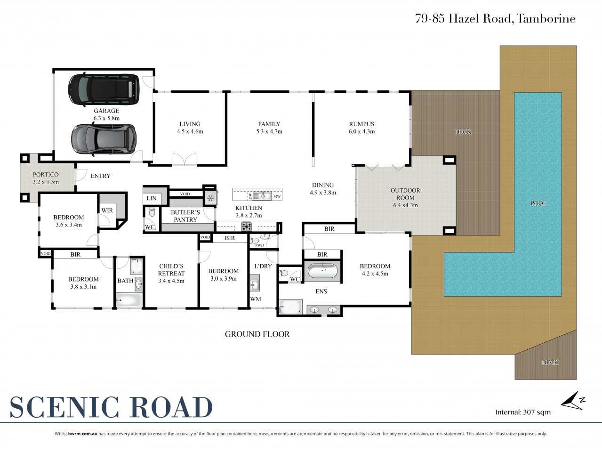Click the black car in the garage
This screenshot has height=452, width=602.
click(104, 89)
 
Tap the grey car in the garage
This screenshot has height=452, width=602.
click(104, 139)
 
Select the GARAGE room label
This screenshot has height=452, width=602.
click(106, 111)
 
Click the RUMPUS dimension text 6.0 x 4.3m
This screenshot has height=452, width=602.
click(361, 131)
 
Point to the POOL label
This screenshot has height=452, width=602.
click(538, 203)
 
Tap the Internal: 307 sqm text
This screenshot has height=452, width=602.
click(523, 412)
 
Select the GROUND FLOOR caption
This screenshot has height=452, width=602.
click(257, 334)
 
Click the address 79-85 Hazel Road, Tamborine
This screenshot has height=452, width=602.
click(495, 19)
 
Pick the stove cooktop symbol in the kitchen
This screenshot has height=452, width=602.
click(247, 226)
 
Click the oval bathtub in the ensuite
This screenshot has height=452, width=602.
click(322, 271)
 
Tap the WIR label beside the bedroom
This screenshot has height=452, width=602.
click(107, 210)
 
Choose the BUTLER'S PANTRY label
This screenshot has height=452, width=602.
click(185, 216)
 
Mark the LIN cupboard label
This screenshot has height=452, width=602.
click(152, 198)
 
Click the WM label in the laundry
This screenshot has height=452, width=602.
click(256, 299)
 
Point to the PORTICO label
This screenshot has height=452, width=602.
click(46, 174)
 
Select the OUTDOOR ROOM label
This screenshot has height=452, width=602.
click(405, 194)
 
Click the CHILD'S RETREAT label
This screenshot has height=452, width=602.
click(171, 270)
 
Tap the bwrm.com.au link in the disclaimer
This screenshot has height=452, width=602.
click(82, 434)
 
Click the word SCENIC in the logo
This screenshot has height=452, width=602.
click(64, 407)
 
